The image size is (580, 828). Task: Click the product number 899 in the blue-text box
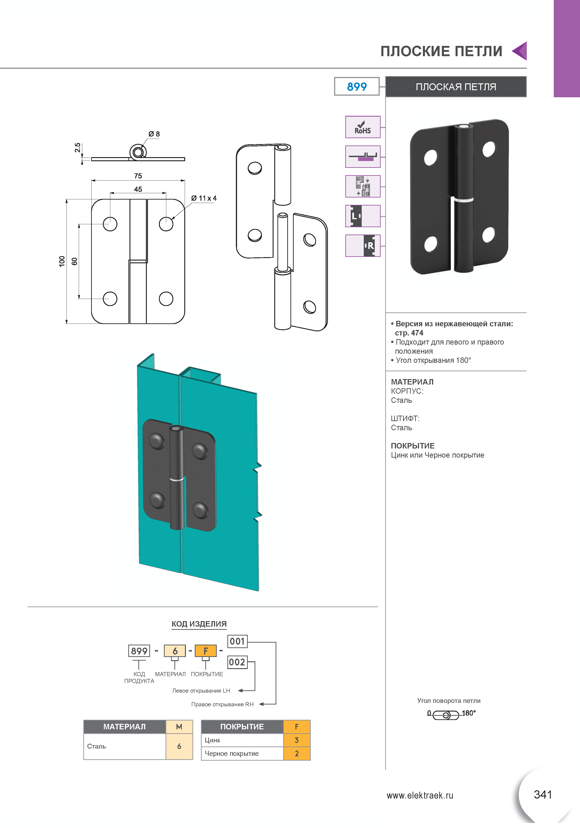pyautogui.click(x=356, y=87)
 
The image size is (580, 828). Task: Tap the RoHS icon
pyautogui.click(x=363, y=127)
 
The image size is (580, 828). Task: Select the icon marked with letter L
pyautogui.click(x=363, y=216)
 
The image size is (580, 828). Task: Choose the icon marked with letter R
pyautogui.click(x=363, y=245)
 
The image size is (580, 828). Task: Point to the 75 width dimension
pyautogui.click(x=138, y=176)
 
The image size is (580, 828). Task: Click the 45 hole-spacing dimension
pyautogui.click(x=138, y=189)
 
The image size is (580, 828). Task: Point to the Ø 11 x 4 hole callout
pyautogui.click(x=204, y=198)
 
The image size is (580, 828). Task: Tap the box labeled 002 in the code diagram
pyautogui.click(x=237, y=662)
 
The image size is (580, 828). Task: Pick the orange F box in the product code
pyautogui.click(x=206, y=651)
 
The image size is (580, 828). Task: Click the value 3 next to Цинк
pyautogui.click(x=296, y=740)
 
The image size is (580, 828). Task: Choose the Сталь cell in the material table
pyautogui.click(x=97, y=746)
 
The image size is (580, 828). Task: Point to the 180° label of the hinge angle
pyautogui.click(x=469, y=713)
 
